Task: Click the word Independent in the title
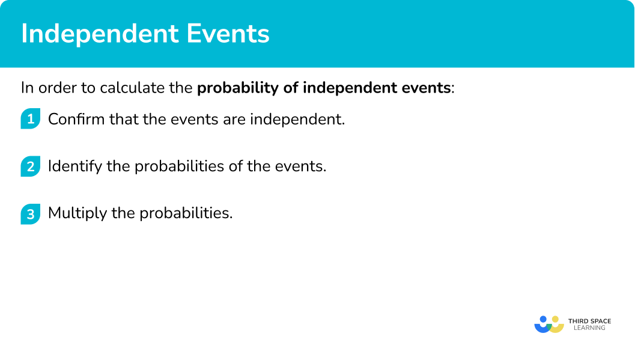[100, 34]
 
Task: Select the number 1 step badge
[31, 118]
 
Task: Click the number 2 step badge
[31, 166]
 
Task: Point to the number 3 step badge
[31, 214]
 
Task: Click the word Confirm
[76, 119]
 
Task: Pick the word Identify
[75, 166]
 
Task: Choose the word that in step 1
[124, 119]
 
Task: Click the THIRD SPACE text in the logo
[590, 321]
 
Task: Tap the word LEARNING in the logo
[590, 328]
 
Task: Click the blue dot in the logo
[544, 319]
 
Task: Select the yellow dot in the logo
[555, 319]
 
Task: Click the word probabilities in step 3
[186, 213]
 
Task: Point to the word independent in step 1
[297, 120]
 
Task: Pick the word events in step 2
[300, 166]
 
